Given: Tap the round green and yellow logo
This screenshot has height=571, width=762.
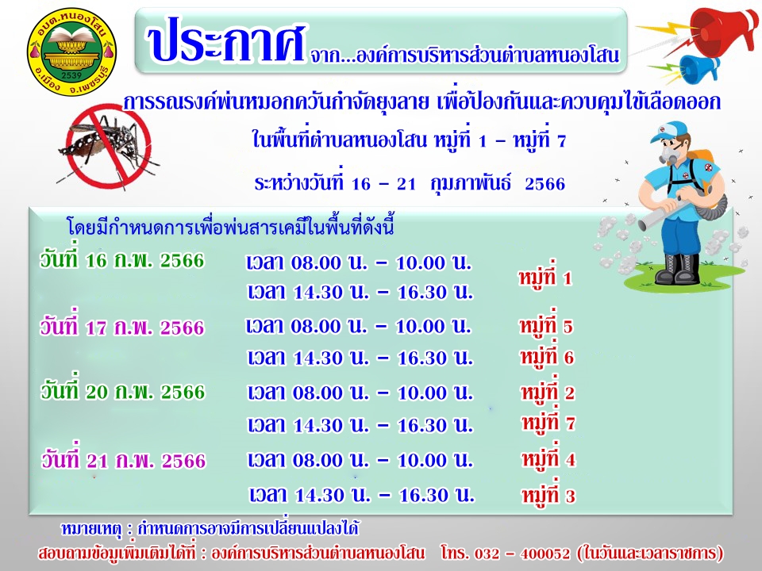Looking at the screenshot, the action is [x=71, y=52].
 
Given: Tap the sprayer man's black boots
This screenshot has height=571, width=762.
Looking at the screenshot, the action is [x=678, y=269].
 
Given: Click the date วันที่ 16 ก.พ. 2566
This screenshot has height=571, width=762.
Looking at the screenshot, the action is [x=122, y=260].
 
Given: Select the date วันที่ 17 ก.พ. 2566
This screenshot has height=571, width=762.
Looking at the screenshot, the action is [x=122, y=327].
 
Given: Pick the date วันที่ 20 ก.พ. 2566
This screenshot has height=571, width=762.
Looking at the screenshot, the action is [x=123, y=391].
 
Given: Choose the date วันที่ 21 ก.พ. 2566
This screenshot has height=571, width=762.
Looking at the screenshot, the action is [x=124, y=459].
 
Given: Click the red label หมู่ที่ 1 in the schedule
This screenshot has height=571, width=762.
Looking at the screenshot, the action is [x=545, y=278].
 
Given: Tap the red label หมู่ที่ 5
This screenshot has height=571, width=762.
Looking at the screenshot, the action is [x=546, y=325].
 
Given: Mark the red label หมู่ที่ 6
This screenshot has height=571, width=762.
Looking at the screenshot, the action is [x=547, y=357].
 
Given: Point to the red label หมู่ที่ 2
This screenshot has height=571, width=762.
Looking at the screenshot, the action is [x=548, y=392].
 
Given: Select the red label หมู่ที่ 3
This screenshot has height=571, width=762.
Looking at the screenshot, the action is [x=548, y=495].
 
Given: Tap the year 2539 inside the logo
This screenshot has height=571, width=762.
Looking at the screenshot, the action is [x=71, y=76].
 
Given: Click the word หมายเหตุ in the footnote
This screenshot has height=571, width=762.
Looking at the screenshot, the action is [x=90, y=528].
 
